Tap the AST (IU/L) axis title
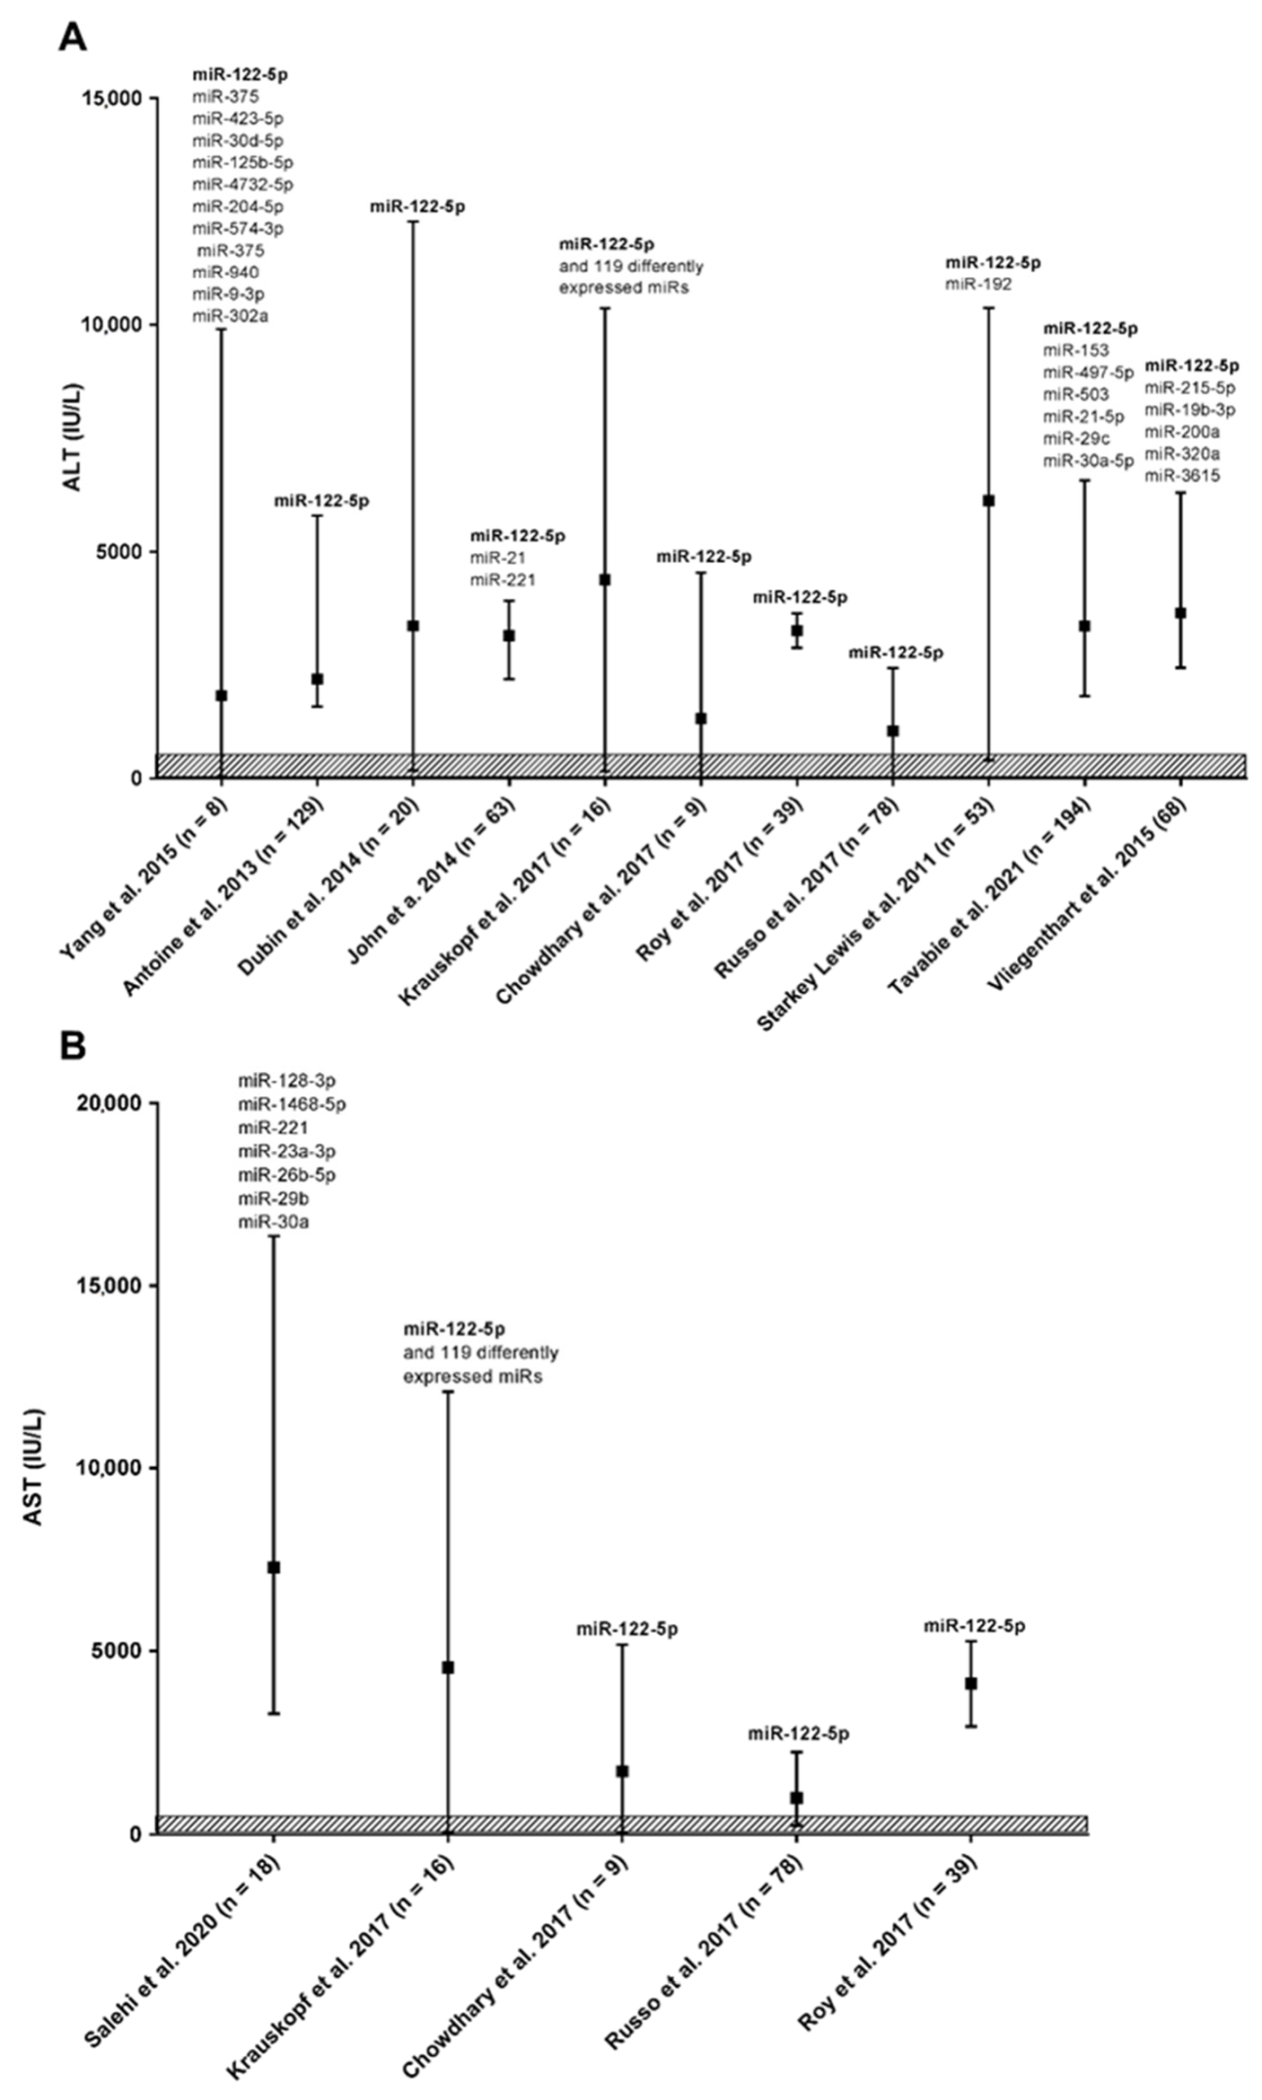(34, 1467)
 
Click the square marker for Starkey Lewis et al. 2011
(988, 500)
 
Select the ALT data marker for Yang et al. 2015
(221, 695)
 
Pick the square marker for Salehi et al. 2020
(274, 1567)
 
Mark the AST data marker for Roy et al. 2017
(970, 1684)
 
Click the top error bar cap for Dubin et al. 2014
(413, 221)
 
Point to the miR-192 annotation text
(978, 285)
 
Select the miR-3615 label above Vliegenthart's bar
(1182, 476)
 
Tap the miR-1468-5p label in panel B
(292, 1104)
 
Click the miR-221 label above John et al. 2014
(503, 580)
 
